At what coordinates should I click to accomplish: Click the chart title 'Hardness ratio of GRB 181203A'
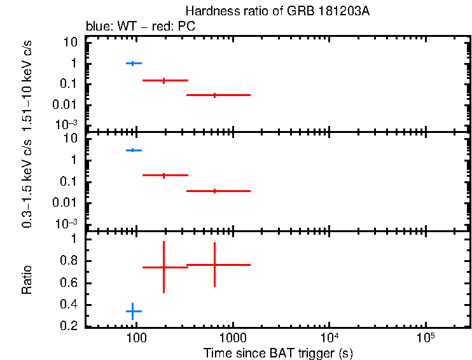click(x=277, y=12)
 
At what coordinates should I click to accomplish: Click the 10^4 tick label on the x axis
click(x=330, y=337)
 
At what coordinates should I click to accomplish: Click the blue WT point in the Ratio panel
click(x=132, y=311)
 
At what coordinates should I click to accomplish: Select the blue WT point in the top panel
click(x=132, y=63)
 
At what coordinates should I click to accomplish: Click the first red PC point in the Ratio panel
click(x=164, y=267)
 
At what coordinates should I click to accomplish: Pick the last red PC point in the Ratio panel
click(x=215, y=265)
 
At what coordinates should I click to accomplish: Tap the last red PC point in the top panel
click(x=215, y=95)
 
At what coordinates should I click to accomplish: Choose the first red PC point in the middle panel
click(x=164, y=175)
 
